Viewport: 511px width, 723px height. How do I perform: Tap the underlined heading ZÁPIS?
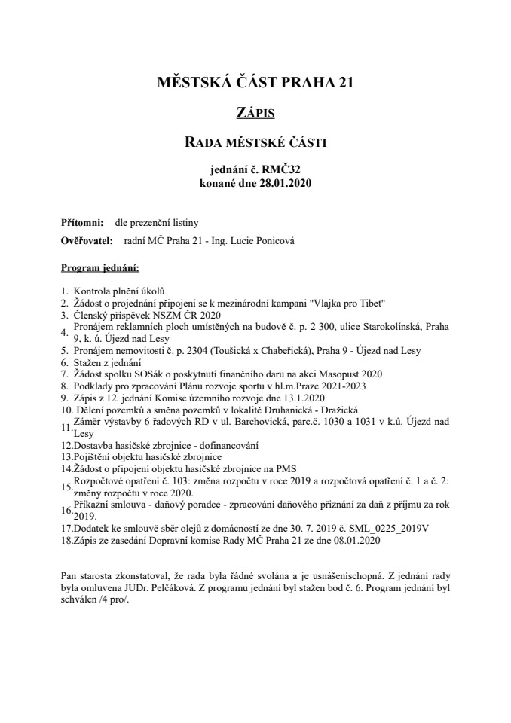[255, 114]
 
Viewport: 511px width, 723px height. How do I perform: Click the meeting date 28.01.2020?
[283, 182]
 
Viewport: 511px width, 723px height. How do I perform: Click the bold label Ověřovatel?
[86, 241]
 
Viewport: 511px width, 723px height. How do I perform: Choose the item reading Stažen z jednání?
[105, 362]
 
